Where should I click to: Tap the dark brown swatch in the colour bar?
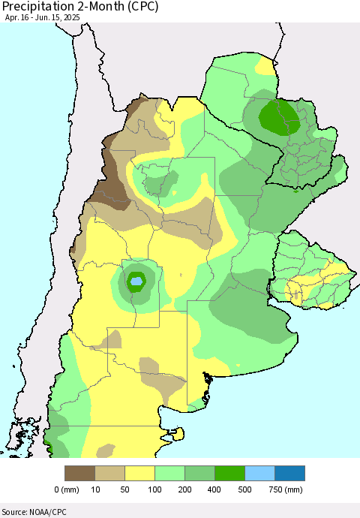[x=79, y=473]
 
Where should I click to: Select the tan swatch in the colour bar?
[x=109, y=473]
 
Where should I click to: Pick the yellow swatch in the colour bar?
[x=139, y=473]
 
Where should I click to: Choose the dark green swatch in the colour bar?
[x=229, y=473]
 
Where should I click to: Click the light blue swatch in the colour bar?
[x=259, y=473]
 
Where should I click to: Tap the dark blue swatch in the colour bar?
[x=289, y=473]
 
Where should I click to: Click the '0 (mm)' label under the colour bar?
[x=67, y=489]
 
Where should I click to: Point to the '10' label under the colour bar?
[x=94, y=489]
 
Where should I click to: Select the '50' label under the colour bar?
[x=124, y=489]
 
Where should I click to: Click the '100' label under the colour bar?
[x=154, y=489]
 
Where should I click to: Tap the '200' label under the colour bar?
[x=184, y=489]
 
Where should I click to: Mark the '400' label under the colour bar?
[x=214, y=489]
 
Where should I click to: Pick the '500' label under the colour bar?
[x=244, y=489]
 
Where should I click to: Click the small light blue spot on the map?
[x=136, y=282]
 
